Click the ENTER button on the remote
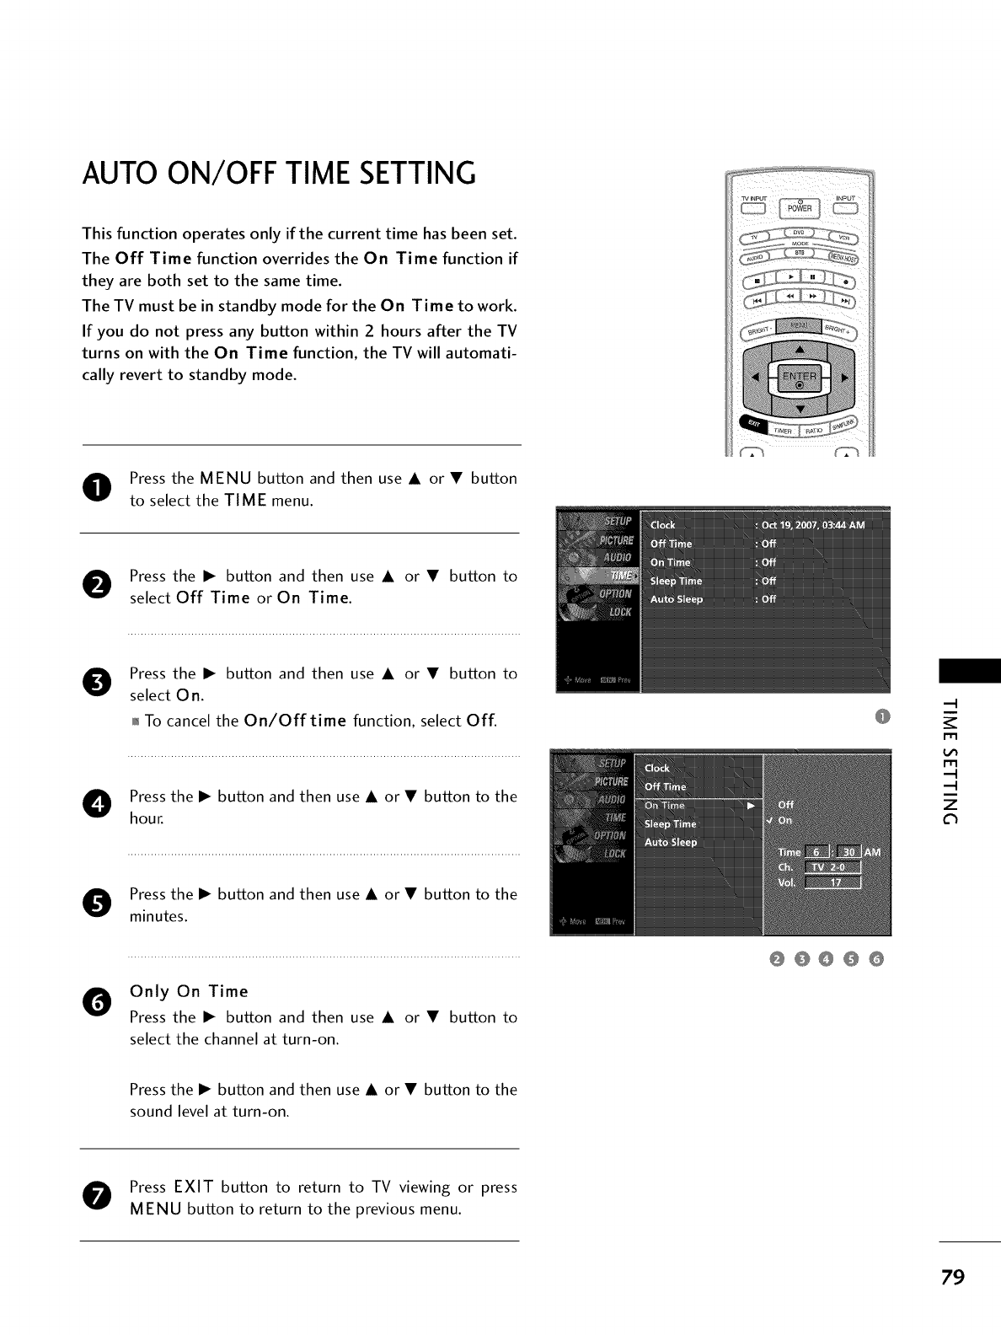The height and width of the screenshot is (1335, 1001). [x=799, y=377]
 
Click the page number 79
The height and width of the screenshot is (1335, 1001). [x=952, y=1277]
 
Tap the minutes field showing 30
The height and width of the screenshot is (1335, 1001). [x=848, y=853]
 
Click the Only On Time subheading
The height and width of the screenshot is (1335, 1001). [x=189, y=991]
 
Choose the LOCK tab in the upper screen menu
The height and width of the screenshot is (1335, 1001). [x=619, y=612]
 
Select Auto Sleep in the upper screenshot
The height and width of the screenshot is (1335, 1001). [x=677, y=600]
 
